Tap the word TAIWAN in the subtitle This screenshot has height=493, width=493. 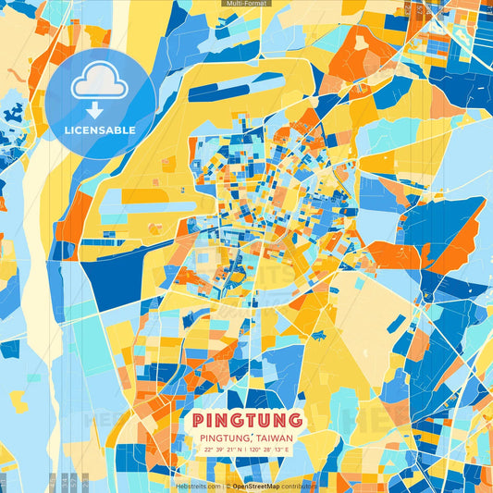[270, 438]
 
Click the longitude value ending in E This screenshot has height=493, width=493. [269, 450]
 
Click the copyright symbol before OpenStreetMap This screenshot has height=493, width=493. [228, 486]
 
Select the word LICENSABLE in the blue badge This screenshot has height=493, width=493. [100, 130]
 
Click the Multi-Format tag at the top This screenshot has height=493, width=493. [246, 4]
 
